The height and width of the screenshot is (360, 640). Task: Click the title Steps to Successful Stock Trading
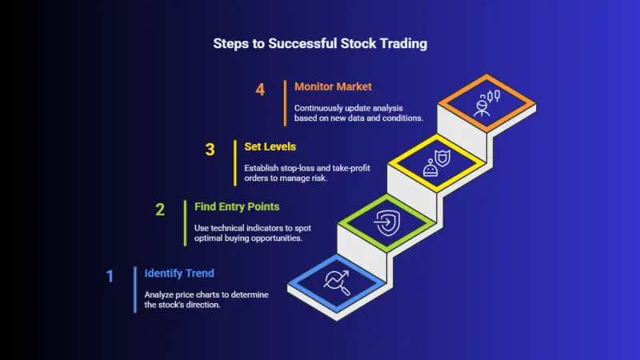[x=320, y=44]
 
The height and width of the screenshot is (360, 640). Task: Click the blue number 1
[x=110, y=276]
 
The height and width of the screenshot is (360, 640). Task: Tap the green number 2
[x=160, y=210]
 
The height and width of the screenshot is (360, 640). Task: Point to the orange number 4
[x=260, y=90]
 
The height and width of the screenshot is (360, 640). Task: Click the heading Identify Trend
[x=178, y=273]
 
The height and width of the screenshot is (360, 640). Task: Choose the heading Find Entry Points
[x=237, y=206]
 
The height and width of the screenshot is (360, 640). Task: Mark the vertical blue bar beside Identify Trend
[x=134, y=289]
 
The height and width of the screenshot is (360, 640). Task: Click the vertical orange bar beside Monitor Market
[x=284, y=102]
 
